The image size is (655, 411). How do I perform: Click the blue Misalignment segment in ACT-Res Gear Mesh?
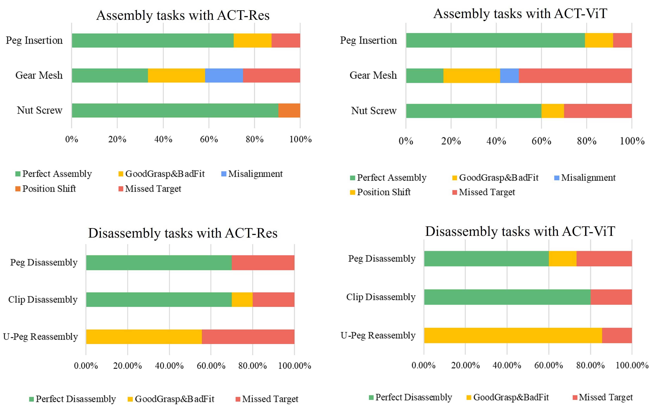pos(224,76)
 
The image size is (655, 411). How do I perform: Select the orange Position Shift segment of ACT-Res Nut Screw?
pos(289,110)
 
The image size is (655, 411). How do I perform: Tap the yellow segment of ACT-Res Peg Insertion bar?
pos(252,41)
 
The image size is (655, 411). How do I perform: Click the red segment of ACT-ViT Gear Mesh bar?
pos(575,76)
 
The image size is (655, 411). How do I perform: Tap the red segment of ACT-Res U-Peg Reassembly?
pos(248,337)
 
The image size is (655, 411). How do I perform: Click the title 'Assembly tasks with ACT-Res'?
pos(183,15)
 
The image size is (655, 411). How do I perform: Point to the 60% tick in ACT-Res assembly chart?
pos(209,139)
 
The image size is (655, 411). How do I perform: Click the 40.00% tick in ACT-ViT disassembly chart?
pos(507,365)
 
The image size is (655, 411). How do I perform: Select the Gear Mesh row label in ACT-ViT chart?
pos(373,75)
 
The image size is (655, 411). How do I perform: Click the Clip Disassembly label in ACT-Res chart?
pos(43,299)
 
